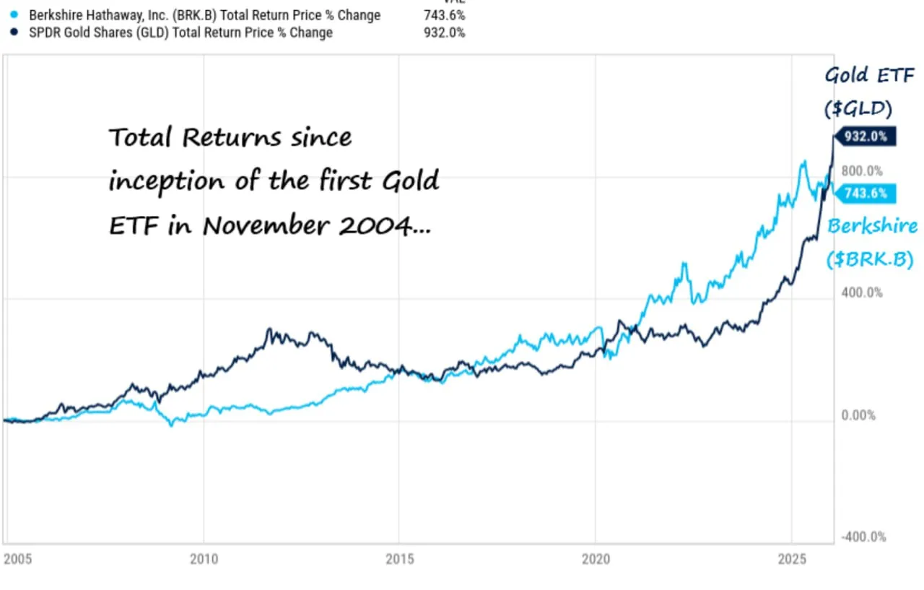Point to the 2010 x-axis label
click(x=204, y=559)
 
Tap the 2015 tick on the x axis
click(x=399, y=559)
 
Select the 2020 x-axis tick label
click(x=595, y=559)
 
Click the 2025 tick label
click(x=791, y=559)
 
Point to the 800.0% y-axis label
click(x=863, y=171)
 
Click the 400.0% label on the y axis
click(x=863, y=292)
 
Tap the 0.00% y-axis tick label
click(x=859, y=415)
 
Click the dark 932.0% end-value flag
click(x=866, y=136)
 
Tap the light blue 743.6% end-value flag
click(x=866, y=194)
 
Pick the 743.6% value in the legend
click(x=444, y=15)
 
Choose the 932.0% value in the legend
click(x=444, y=32)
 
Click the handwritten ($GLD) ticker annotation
click(x=858, y=108)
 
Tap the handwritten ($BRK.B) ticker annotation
click(x=870, y=259)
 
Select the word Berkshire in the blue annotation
click(x=872, y=226)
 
